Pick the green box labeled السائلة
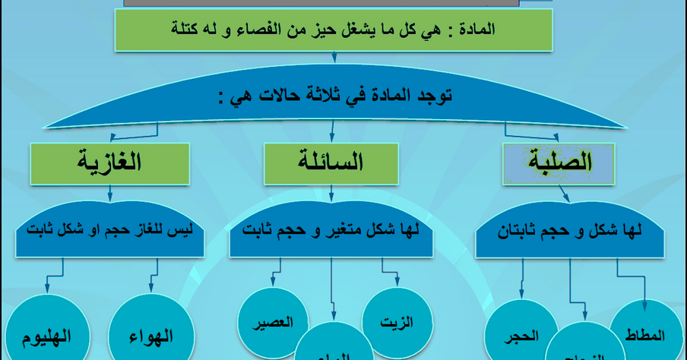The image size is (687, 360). point(331,163)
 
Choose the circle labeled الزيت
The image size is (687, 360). point(395,321)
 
